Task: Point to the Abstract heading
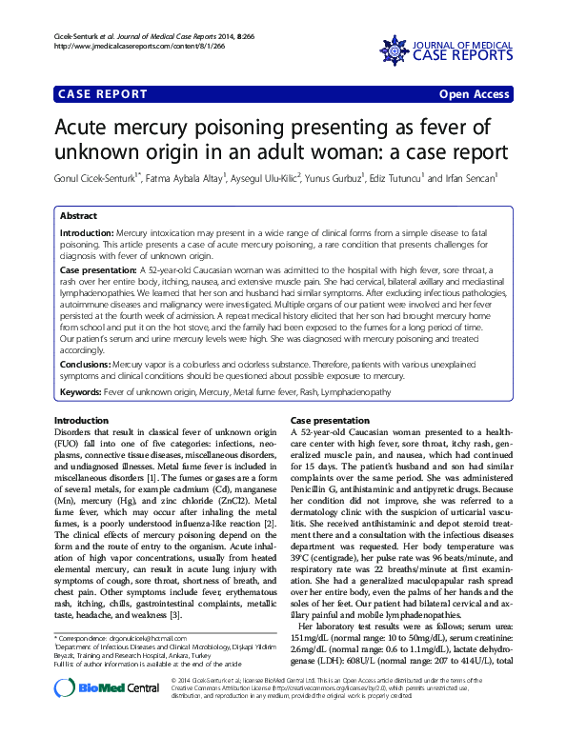pos(78,217)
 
